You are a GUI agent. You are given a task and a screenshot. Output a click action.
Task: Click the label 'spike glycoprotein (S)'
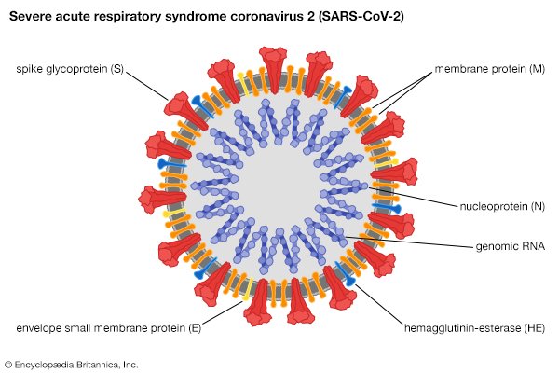70,69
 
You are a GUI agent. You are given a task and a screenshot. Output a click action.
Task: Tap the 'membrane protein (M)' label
489,69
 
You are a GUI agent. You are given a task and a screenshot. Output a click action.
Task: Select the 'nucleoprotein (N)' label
502,206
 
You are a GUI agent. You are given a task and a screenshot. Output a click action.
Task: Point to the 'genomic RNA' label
511,246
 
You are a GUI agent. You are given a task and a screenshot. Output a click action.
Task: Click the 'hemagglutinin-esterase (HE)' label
474,328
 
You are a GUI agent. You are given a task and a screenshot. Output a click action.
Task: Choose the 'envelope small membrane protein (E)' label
109,328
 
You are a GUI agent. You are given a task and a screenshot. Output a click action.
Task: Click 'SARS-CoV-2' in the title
361,16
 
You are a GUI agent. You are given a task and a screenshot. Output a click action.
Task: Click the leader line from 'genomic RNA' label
410,242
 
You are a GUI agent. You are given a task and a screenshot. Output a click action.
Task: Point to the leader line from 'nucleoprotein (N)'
413,197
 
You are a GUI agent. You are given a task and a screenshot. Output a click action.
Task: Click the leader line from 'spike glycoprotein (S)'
146,86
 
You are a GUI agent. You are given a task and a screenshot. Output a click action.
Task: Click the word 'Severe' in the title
30,16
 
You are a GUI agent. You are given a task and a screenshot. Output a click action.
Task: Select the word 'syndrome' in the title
195,17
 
